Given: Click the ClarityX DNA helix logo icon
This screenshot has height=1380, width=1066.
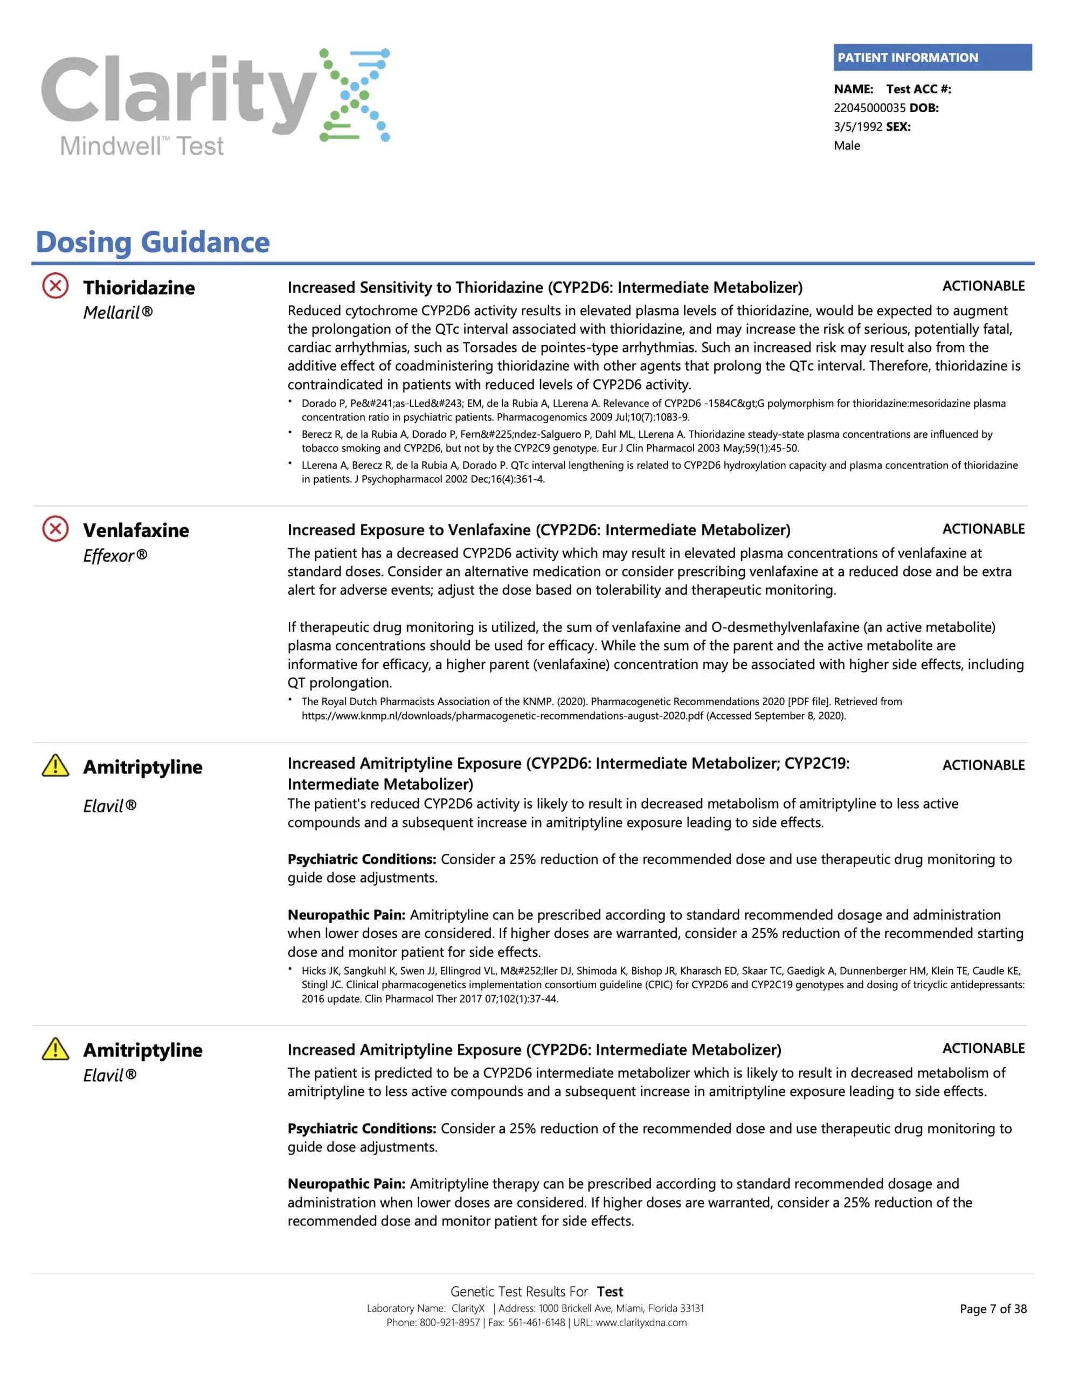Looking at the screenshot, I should tap(355, 95).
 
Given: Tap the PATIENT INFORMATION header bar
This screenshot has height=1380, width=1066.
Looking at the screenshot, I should tap(932, 58).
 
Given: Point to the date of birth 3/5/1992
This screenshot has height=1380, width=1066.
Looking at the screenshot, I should tap(857, 127).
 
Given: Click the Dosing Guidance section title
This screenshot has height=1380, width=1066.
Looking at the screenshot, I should tap(153, 242).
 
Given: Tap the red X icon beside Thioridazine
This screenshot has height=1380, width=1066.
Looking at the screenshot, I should tap(56, 286).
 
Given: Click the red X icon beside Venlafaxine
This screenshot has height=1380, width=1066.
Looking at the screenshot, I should tap(56, 528).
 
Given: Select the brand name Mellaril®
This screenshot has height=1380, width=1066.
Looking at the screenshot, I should tap(118, 313).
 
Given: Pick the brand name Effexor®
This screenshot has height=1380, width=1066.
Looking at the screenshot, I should tap(115, 555).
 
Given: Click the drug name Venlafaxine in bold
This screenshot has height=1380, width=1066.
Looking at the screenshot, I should tap(136, 530).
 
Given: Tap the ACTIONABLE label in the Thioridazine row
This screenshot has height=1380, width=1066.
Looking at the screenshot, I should tap(983, 286).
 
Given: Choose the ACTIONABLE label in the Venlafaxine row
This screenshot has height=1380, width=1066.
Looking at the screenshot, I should tap(983, 529).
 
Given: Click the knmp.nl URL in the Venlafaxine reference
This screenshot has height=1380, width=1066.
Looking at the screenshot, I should tap(502, 716).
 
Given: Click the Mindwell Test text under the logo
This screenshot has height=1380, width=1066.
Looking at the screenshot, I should tap(142, 147).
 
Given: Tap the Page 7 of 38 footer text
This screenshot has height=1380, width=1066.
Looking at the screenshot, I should tap(993, 1309).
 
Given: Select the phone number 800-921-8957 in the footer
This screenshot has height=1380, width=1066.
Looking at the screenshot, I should tap(450, 1322).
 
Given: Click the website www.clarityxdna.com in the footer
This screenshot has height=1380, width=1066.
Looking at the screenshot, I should tap(641, 1322).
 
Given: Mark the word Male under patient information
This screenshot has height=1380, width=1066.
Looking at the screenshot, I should tap(847, 146).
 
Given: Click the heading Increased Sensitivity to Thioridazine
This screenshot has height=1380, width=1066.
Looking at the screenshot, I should tap(545, 287).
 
